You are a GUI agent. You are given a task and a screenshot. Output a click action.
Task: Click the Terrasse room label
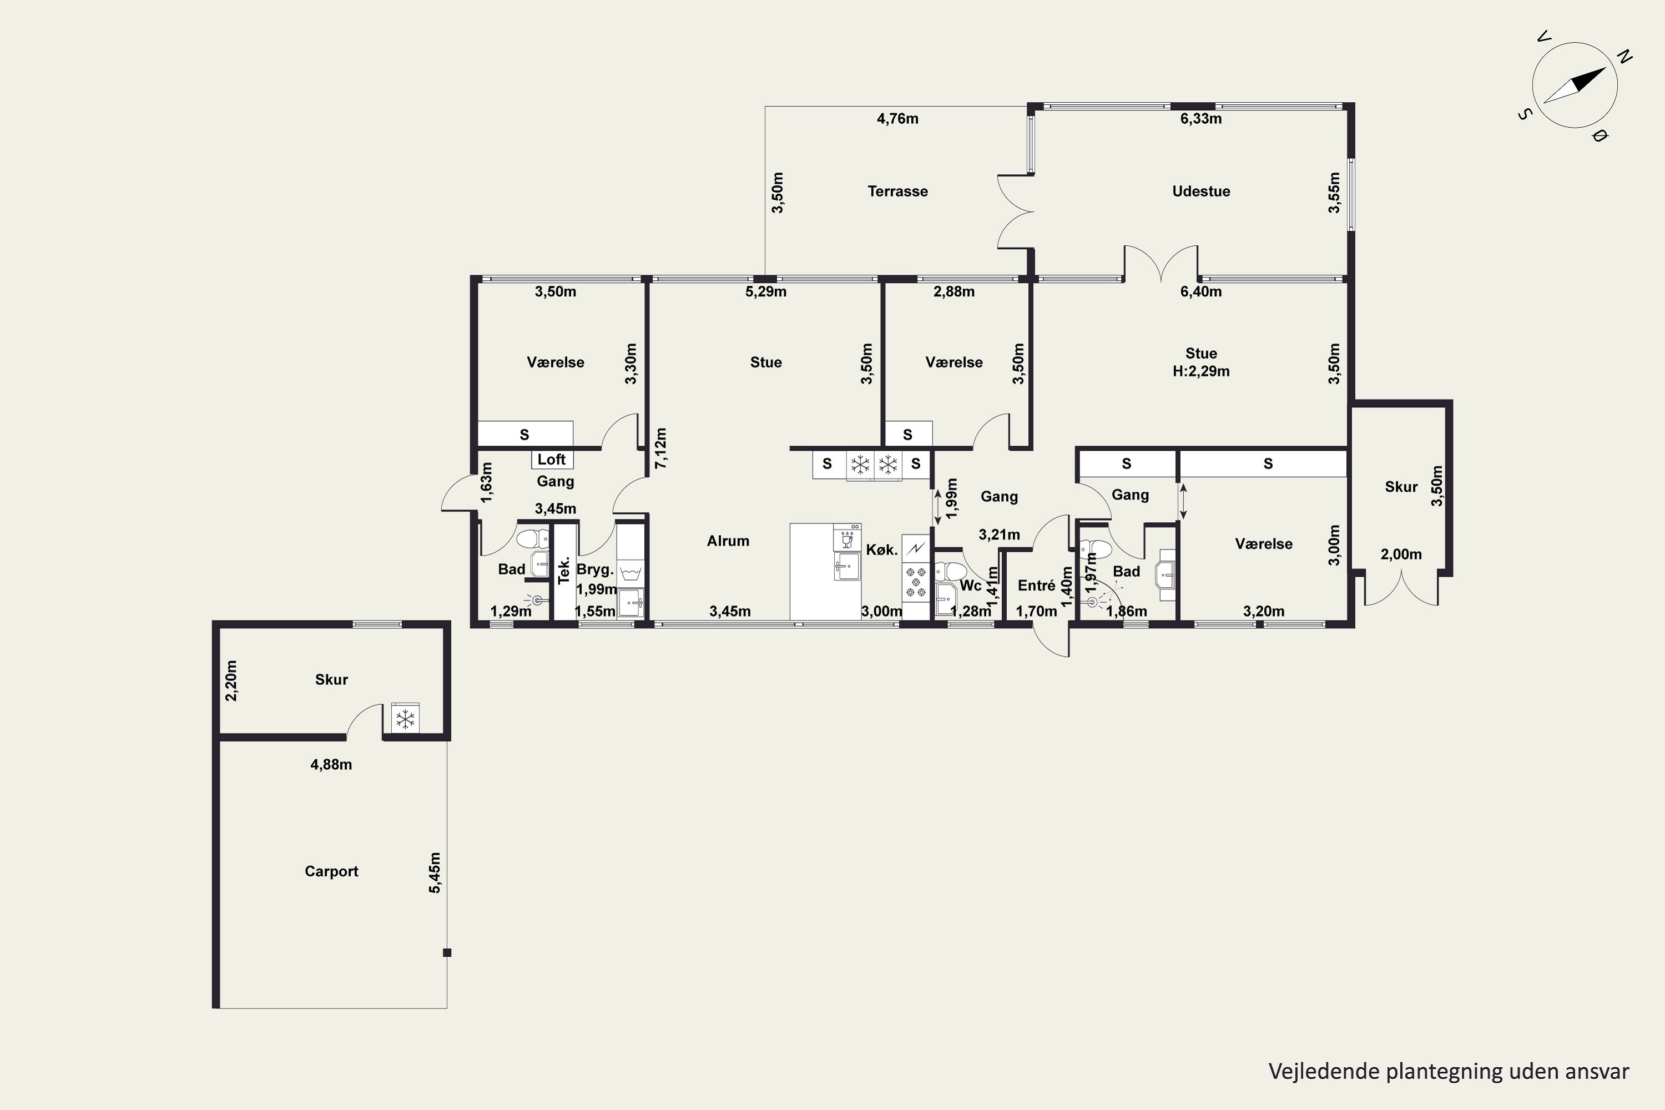(x=897, y=191)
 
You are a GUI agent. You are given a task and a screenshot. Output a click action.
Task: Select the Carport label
(x=331, y=871)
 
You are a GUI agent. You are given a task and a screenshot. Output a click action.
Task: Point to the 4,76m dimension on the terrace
(x=897, y=119)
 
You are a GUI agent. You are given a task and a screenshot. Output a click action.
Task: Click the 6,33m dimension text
(x=1200, y=119)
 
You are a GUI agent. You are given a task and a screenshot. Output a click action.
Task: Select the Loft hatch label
(x=552, y=460)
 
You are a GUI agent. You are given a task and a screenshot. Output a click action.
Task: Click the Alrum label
(x=728, y=541)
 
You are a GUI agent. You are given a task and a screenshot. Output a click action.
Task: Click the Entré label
(x=1036, y=586)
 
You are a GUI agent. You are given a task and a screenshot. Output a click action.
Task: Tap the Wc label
(x=971, y=586)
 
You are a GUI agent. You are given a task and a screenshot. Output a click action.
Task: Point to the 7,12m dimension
(x=660, y=448)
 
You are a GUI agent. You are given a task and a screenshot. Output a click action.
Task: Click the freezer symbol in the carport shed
(x=405, y=720)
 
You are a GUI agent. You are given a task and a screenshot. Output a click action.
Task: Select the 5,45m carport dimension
(x=435, y=873)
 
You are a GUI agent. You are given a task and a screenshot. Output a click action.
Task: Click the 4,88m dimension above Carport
(x=331, y=765)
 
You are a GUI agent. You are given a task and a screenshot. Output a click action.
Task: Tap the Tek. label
(x=564, y=571)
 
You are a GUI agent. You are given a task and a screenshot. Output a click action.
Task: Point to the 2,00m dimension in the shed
(x=1401, y=554)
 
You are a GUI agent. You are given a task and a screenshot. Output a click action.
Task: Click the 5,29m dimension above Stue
(x=766, y=292)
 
